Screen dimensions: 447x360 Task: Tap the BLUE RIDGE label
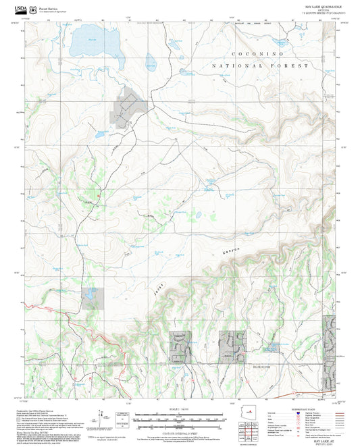(263, 365)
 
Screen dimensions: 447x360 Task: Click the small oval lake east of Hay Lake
(151, 62)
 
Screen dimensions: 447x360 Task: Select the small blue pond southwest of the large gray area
(99, 134)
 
